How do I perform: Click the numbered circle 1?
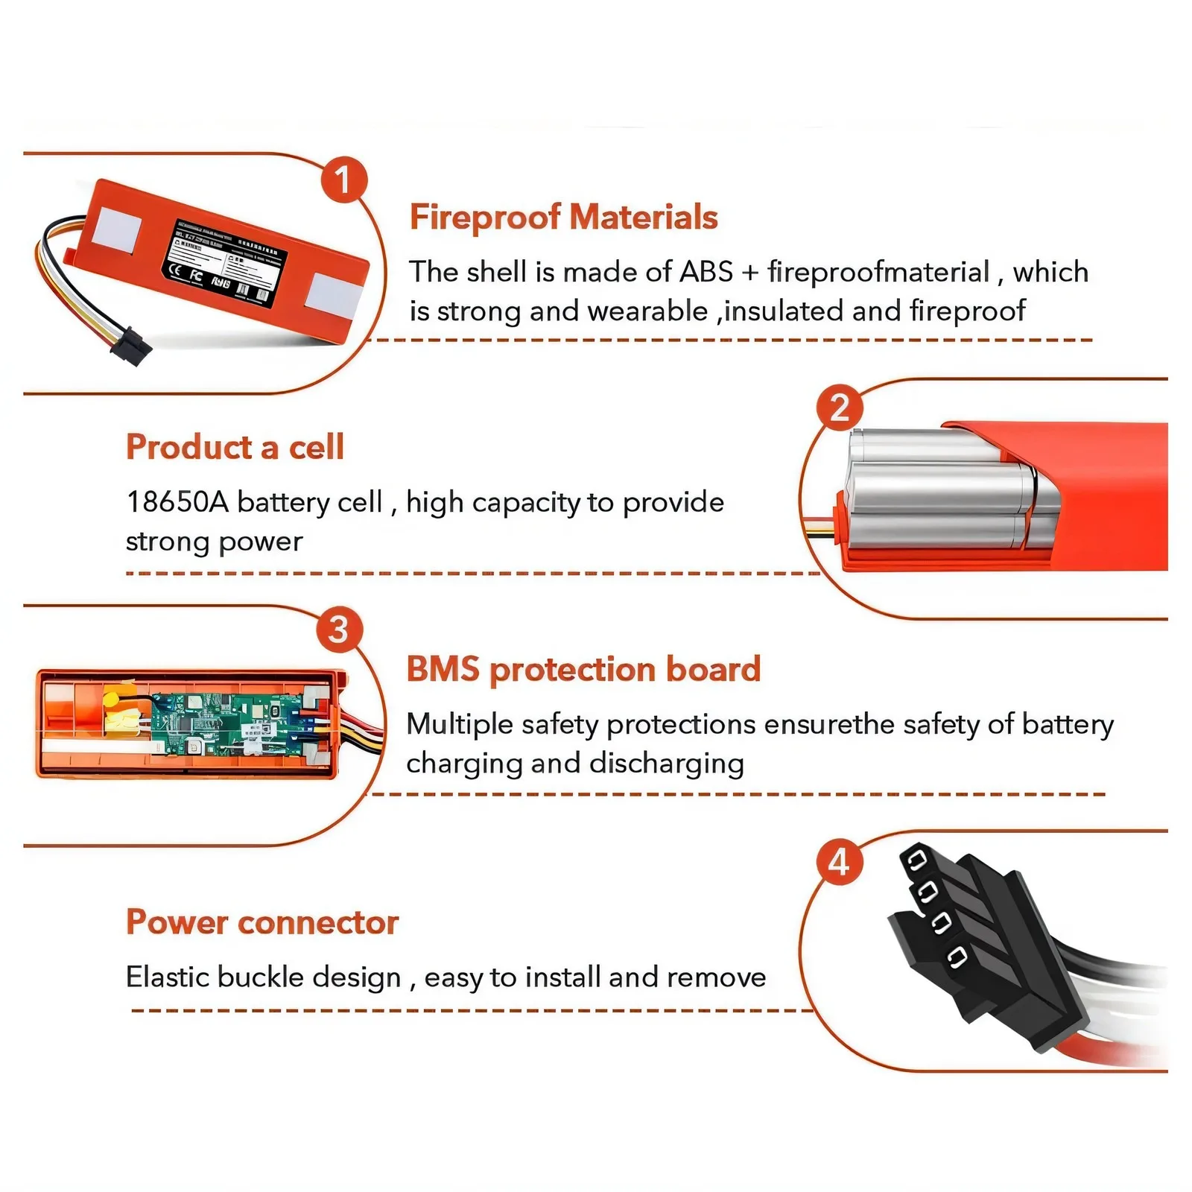pyautogui.click(x=343, y=180)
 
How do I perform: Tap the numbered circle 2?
pyautogui.click(x=840, y=408)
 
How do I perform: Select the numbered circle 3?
pyautogui.click(x=338, y=630)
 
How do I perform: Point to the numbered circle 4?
pyautogui.click(x=840, y=863)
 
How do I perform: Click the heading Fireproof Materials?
pyautogui.click(x=563, y=218)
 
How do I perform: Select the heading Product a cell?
pyautogui.click(x=235, y=447)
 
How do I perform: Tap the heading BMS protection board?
pyautogui.click(x=583, y=669)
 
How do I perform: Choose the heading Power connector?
pyautogui.click(x=262, y=922)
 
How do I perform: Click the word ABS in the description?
pyautogui.click(x=706, y=272)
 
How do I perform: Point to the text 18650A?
pyautogui.click(x=177, y=502)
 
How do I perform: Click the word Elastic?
pyautogui.click(x=168, y=977)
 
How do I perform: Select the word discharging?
pyautogui.click(x=666, y=764)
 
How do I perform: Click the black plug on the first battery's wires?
pyautogui.click(x=130, y=346)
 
